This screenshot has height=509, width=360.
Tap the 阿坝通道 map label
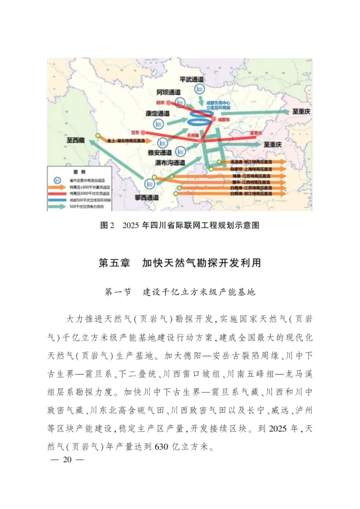168,92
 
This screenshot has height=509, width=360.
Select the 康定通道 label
158,113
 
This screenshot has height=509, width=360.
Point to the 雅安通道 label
160,152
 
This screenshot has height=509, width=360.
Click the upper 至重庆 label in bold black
298,112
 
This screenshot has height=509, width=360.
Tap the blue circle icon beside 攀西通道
150,183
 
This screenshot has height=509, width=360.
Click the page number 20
68,459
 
